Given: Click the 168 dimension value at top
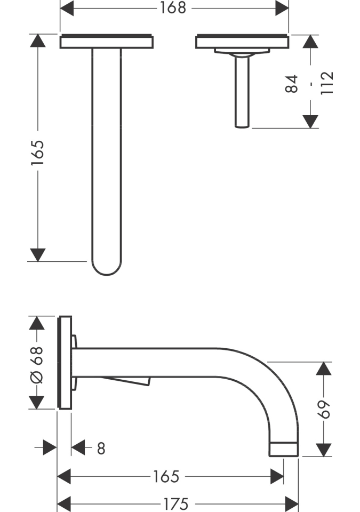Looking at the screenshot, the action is coord(173,8).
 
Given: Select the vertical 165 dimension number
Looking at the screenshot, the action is coord(37,153).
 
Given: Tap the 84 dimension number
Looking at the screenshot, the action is coord(292,84).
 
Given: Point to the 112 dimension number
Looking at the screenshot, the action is coord(327,83).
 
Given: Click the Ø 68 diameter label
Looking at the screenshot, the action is coord(37,365).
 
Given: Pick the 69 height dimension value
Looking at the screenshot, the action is coord(324,409).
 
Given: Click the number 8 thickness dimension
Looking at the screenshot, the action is coord(101,449).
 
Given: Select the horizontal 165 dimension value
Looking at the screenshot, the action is coord(166,476).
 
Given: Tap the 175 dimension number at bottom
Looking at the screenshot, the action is coord(176,504).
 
